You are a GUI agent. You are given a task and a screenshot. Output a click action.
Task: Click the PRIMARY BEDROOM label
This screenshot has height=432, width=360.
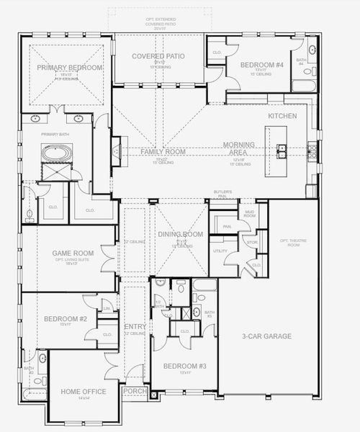[x=70, y=67]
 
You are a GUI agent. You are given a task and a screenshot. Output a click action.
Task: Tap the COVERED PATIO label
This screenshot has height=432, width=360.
[x=159, y=56]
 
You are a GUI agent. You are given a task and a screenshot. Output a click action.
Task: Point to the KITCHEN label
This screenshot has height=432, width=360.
[x=282, y=115]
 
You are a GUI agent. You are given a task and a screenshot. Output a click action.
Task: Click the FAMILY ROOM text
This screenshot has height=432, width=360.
[x=163, y=152]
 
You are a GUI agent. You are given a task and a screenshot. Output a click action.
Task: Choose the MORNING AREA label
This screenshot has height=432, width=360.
[x=238, y=148]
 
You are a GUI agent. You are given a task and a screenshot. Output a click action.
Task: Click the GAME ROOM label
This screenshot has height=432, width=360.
[x=70, y=253]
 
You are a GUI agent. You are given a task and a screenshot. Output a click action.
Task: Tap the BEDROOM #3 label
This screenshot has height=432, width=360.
[x=185, y=366]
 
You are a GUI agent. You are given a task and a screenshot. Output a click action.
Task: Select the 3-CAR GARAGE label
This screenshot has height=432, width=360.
[x=267, y=336]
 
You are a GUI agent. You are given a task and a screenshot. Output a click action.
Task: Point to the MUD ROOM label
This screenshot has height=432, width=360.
[x=250, y=213]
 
